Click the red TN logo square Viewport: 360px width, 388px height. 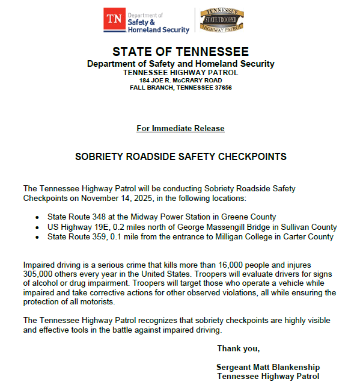(114, 19)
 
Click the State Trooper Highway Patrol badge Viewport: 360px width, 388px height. (222, 19)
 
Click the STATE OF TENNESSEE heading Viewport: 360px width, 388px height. (180, 52)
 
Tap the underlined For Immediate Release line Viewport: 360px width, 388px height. (180, 128)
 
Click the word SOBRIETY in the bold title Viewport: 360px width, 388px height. (99, 157)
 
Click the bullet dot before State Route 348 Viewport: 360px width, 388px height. (37, 217)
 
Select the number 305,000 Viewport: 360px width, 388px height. (39, 274)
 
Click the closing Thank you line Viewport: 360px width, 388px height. (238, 348)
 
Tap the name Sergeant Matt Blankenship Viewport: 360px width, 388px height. (268, 367)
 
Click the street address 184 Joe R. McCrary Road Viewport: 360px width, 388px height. (180, 80)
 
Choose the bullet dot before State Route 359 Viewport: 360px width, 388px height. (37, 237)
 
